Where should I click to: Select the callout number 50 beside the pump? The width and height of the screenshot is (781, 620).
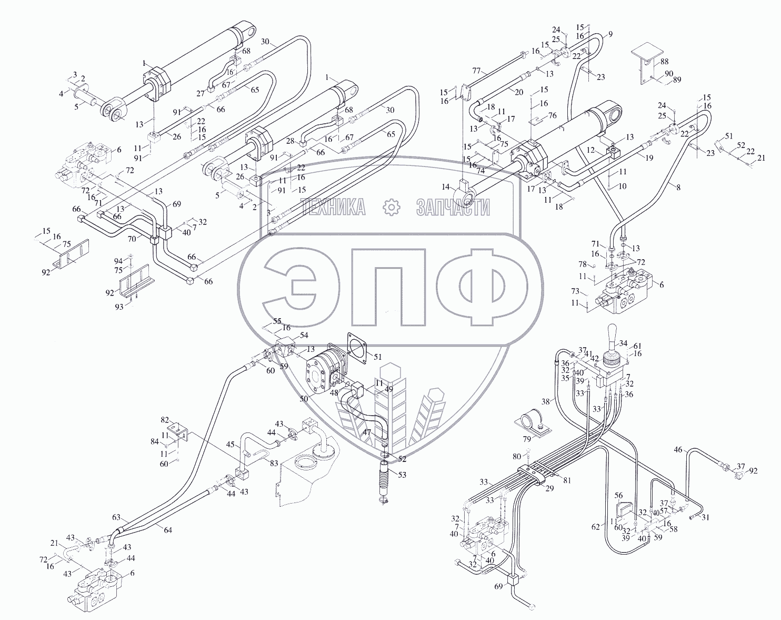304,398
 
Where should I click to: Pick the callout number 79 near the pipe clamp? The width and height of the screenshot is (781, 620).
527,439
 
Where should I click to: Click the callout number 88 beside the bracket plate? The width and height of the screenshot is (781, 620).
665,62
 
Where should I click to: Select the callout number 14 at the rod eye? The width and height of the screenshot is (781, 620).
446,187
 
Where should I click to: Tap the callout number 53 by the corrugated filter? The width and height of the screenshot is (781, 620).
402,475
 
